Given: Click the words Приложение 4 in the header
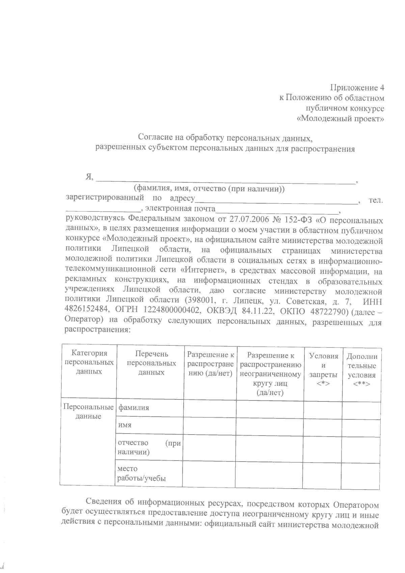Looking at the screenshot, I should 357,88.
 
